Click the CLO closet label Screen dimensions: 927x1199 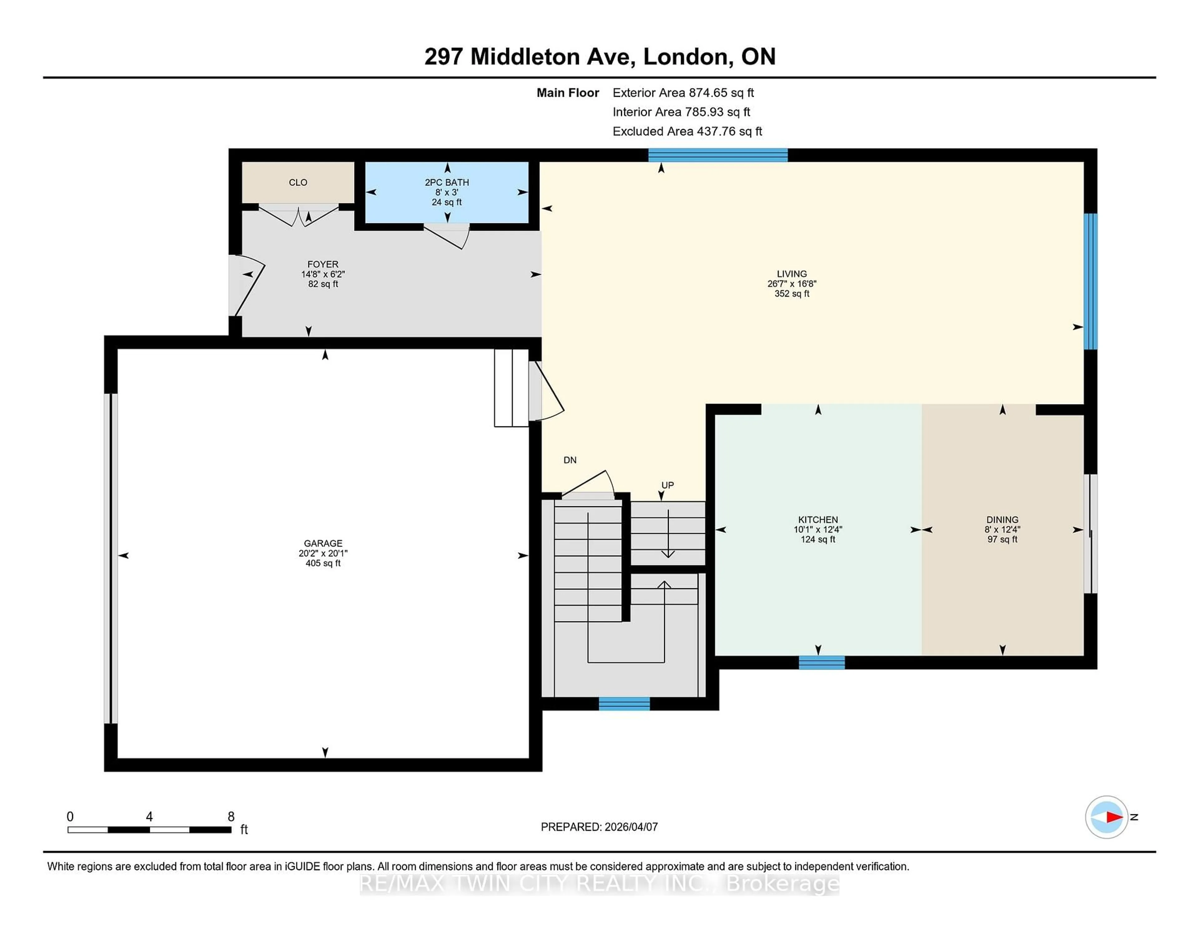298,182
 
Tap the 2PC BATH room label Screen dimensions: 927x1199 447,182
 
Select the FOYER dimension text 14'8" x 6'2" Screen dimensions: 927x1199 323,274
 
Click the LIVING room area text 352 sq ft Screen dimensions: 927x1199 792,294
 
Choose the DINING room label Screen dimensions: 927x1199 1002,519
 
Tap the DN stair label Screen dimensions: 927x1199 570,460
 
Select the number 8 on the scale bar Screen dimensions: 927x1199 231,817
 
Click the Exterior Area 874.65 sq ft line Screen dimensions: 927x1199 683,93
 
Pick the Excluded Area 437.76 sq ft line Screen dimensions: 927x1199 687,131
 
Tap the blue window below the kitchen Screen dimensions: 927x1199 821,662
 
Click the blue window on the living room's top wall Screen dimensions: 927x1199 718,156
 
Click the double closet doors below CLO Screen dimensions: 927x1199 299,216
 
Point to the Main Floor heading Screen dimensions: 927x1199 568,93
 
